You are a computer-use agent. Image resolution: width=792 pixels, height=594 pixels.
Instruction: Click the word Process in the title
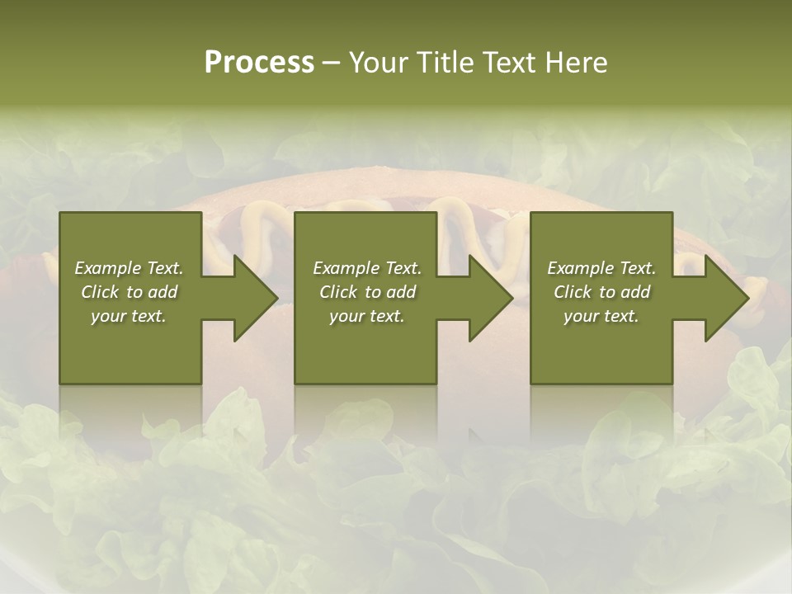click(x=259, y=63)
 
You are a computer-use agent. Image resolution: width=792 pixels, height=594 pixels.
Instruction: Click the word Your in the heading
click(x=379, y=63)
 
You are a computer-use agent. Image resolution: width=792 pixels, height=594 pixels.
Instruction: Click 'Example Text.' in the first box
click(x=129, y=268)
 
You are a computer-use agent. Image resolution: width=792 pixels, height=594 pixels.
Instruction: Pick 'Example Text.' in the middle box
click(x=367, y=268)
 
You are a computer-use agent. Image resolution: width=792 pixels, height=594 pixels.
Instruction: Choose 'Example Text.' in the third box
click(x=601, y=268)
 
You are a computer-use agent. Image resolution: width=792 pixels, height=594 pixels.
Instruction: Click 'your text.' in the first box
click(x=129, y=316)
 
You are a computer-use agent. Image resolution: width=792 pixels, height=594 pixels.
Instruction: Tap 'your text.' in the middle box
click(x=367, y=316)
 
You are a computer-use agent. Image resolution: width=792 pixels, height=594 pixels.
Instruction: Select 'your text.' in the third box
click(x=601, y=316)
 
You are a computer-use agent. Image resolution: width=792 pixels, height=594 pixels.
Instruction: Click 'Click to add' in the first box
click(x=129, y=292)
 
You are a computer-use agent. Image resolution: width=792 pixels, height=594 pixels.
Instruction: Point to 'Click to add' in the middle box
click(x=367, y=292)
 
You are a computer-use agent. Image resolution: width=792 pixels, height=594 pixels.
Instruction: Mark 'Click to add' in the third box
click(x=601, y=292)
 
